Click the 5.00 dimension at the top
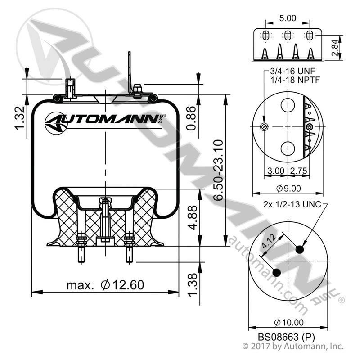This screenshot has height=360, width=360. pyautogui.click(x=288, y=18)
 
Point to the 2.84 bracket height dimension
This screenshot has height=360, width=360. pyautogui.click(x=335, y=48)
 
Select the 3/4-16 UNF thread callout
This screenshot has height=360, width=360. pyautogui.click(x=292, y=71)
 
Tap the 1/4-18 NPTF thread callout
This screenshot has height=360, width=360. pyautogui.click(x=295, y=80)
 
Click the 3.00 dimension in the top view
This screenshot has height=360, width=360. pyautogui.click(x=276, y=171)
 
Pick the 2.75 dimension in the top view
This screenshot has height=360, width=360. pyautogui.click(x=298, y=171)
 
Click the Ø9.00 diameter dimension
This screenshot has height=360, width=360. pyautogui.click(x=288, y=189)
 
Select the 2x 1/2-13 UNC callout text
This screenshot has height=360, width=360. pyautogui.click(x=292, y=204)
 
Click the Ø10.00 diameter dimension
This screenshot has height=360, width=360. pyautogui.click(x=289, y=322)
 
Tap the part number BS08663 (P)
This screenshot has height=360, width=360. pyautogui.click(x=286, y=337)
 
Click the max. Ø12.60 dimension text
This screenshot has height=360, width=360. pyautogui.click(x=105, y=285)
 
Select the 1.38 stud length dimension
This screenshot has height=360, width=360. pyautogui.click(x=193, y=285)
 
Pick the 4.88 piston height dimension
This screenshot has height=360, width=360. pyautogui.click(x=193, y=218)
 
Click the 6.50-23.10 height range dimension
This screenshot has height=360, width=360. pyautogui.click(x=218, y=170)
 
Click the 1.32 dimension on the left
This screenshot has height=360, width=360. pyautogui.click(x=19, y=118)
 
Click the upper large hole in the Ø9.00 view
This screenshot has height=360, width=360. pyautogui.click(x=288, y=105)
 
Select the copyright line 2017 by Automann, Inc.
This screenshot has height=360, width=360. pyautogui.click(x=293, y=346)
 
